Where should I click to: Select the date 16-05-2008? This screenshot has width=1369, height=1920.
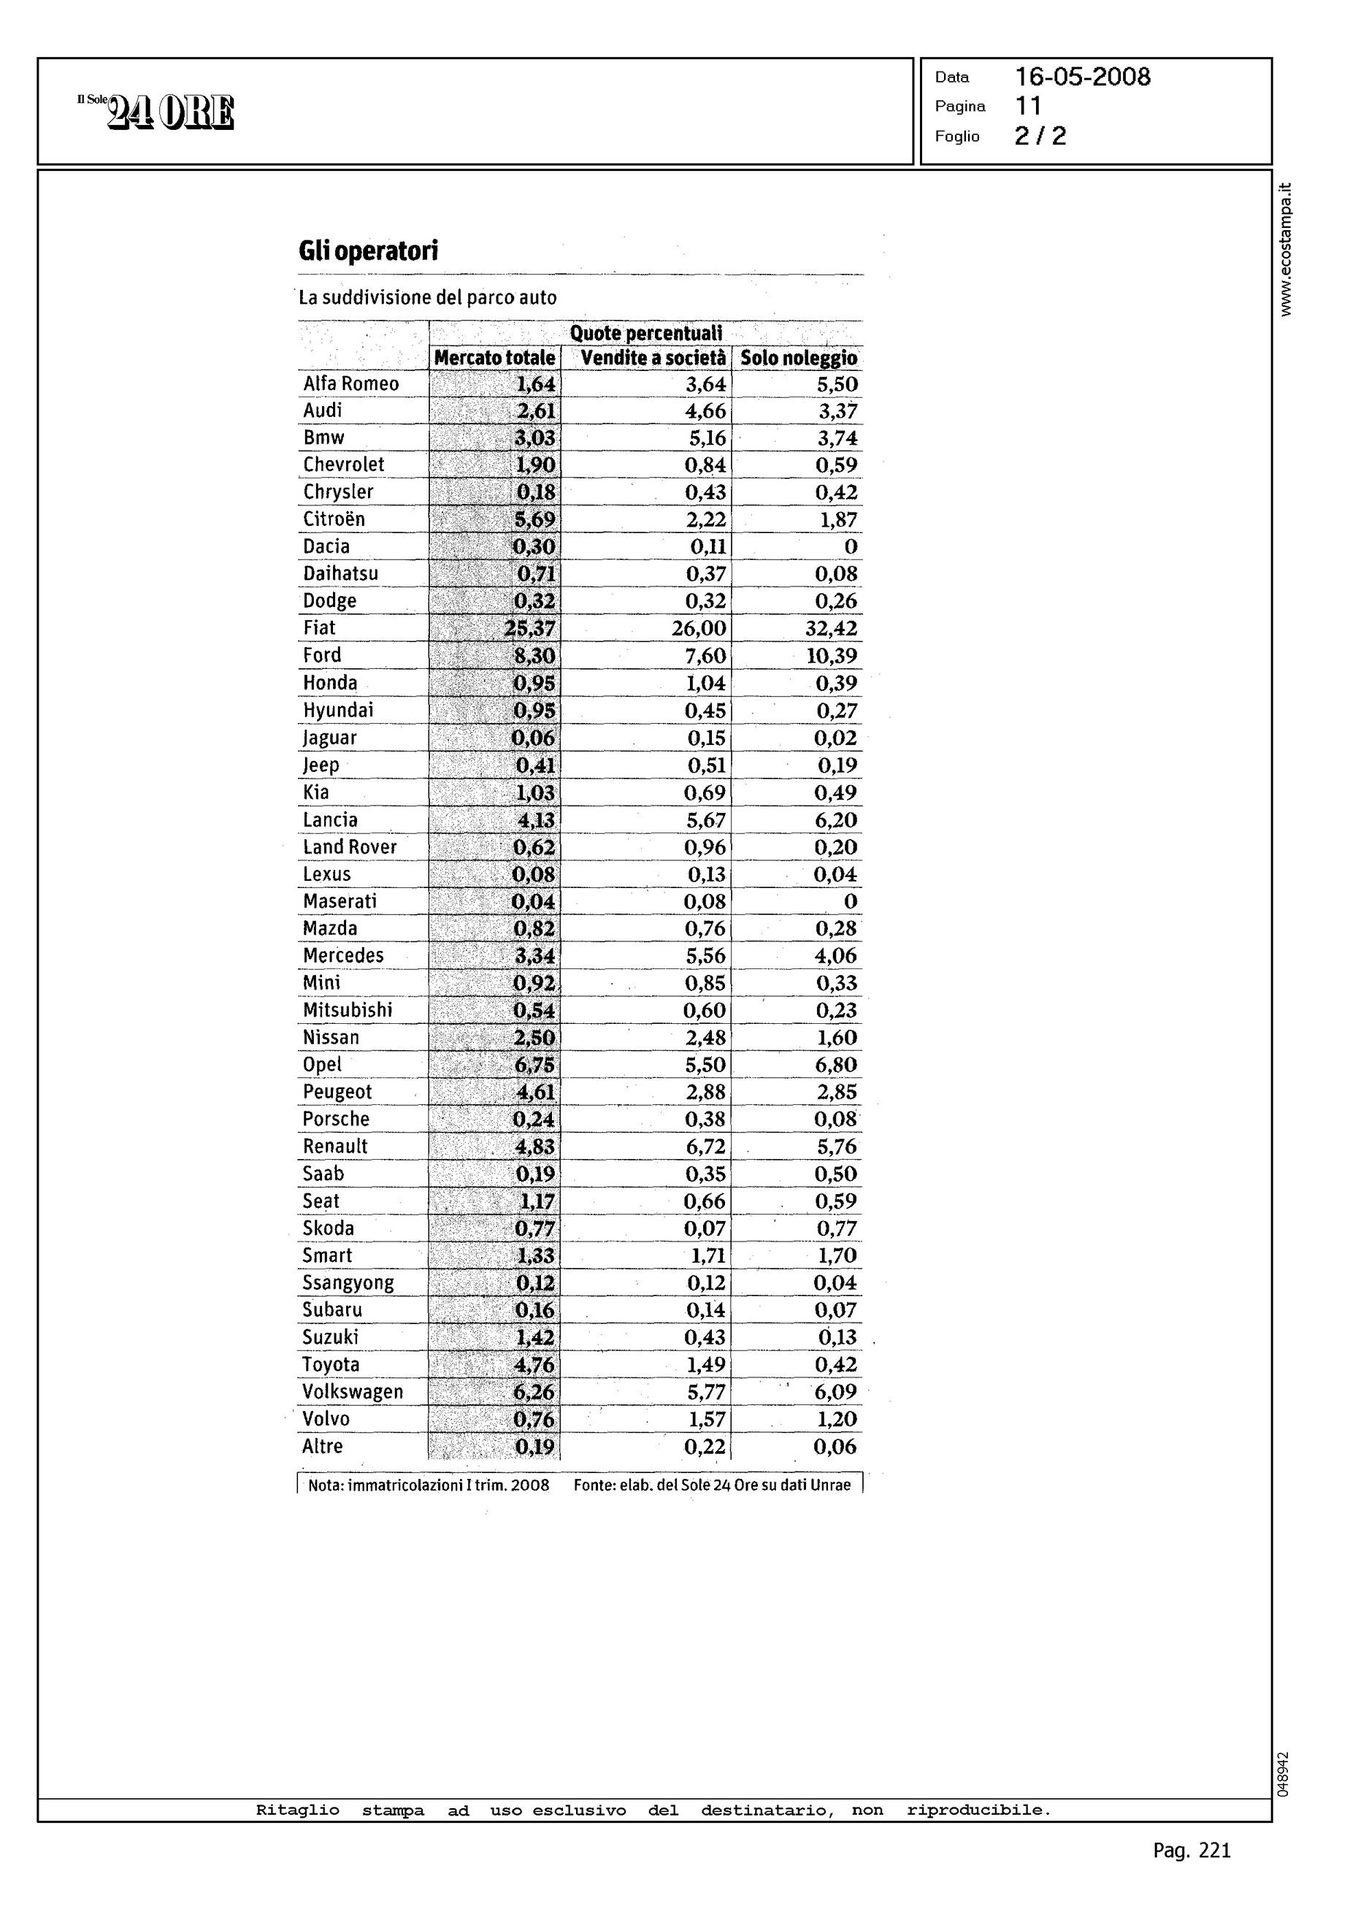pyautogui.click(x=1082, y=77)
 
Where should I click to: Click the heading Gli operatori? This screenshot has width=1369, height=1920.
pyautogui.click(x=369, y=251)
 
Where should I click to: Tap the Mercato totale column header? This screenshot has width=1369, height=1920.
pyautogui.click(x=495, y=359)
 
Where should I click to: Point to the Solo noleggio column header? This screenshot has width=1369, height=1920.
pyautogui.click(x=798, y=359)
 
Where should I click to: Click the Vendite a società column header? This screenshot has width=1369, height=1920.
pyautogui.click(x=653, y=359)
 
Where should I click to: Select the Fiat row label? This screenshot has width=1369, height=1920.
pyautogui.click(x=320, y=628)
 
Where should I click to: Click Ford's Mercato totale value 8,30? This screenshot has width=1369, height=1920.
pyautogui.click(x=534, y=656)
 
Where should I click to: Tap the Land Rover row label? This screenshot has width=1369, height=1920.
pyautogui.click(x=350, y=847)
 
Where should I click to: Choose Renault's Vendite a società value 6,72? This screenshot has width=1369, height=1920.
pyautogui.click(x=705, y=1147)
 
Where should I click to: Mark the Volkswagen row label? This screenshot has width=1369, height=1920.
pyautogui.click(x=353, y=1392)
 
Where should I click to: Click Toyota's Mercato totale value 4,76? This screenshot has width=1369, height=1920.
pyautogui.click(x=534, y=1365)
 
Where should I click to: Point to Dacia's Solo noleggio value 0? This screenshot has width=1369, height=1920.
pyautogui.click(x=851, y=547)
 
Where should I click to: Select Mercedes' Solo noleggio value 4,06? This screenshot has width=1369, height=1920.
pyautogui.click(x=835, y=956)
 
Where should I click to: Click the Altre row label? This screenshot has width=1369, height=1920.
pyautogui.click(x=322, y=1447)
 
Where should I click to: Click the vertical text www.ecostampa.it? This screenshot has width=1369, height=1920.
pyautogui.click(x=1285, y=250)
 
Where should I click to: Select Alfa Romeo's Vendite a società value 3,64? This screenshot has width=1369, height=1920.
pyautogui.click(x=705, y=384)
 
